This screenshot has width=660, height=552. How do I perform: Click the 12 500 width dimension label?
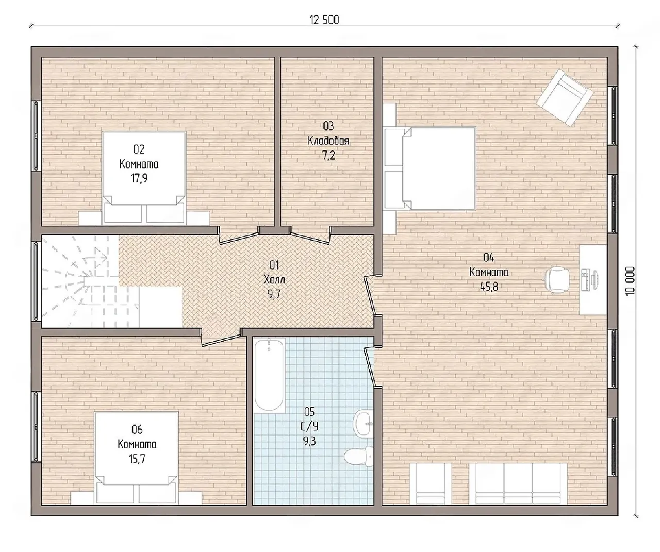pyautogui.click(x=324, y=20)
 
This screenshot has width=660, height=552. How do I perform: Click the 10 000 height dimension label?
pyautogui.click(x=630, y=281)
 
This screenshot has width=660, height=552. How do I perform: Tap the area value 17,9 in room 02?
pyautogui.click(x=139, y=178)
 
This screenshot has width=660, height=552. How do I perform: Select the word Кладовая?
pyautogui.click(x=328, y=141)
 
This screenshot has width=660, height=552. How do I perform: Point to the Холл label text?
pyautogui.click(x=274, y=280)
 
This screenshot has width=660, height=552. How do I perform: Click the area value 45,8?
pyautogui.click(x=489, y=287)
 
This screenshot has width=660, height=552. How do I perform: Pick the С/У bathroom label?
pyautogui.click(x=309, y=427)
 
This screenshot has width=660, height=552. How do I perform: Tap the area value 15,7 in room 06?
pyautogui.click(x=137, y=459)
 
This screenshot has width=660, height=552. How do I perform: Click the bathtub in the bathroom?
pyautogui.click(x=269, y=375)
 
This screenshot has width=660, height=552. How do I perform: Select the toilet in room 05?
pyautogui.click(x=358, y=456)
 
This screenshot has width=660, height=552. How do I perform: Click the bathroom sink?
pyautogui.click(x=364, y=424)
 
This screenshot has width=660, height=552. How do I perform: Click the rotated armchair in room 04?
pyautogui.click(x=565, y=98)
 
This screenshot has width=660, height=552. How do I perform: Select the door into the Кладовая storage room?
pyautogui.click(x=310, y=236)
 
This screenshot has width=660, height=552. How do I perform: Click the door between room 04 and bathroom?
pyautogui.click(x=370, y=366)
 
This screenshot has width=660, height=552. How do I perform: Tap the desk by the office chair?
pyautogui.click(x=592, y=280)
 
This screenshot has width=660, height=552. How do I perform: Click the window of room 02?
pyautogui.click(x=37, y=136)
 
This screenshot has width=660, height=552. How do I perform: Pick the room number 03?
pyautogui.click(x=328, y=126)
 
